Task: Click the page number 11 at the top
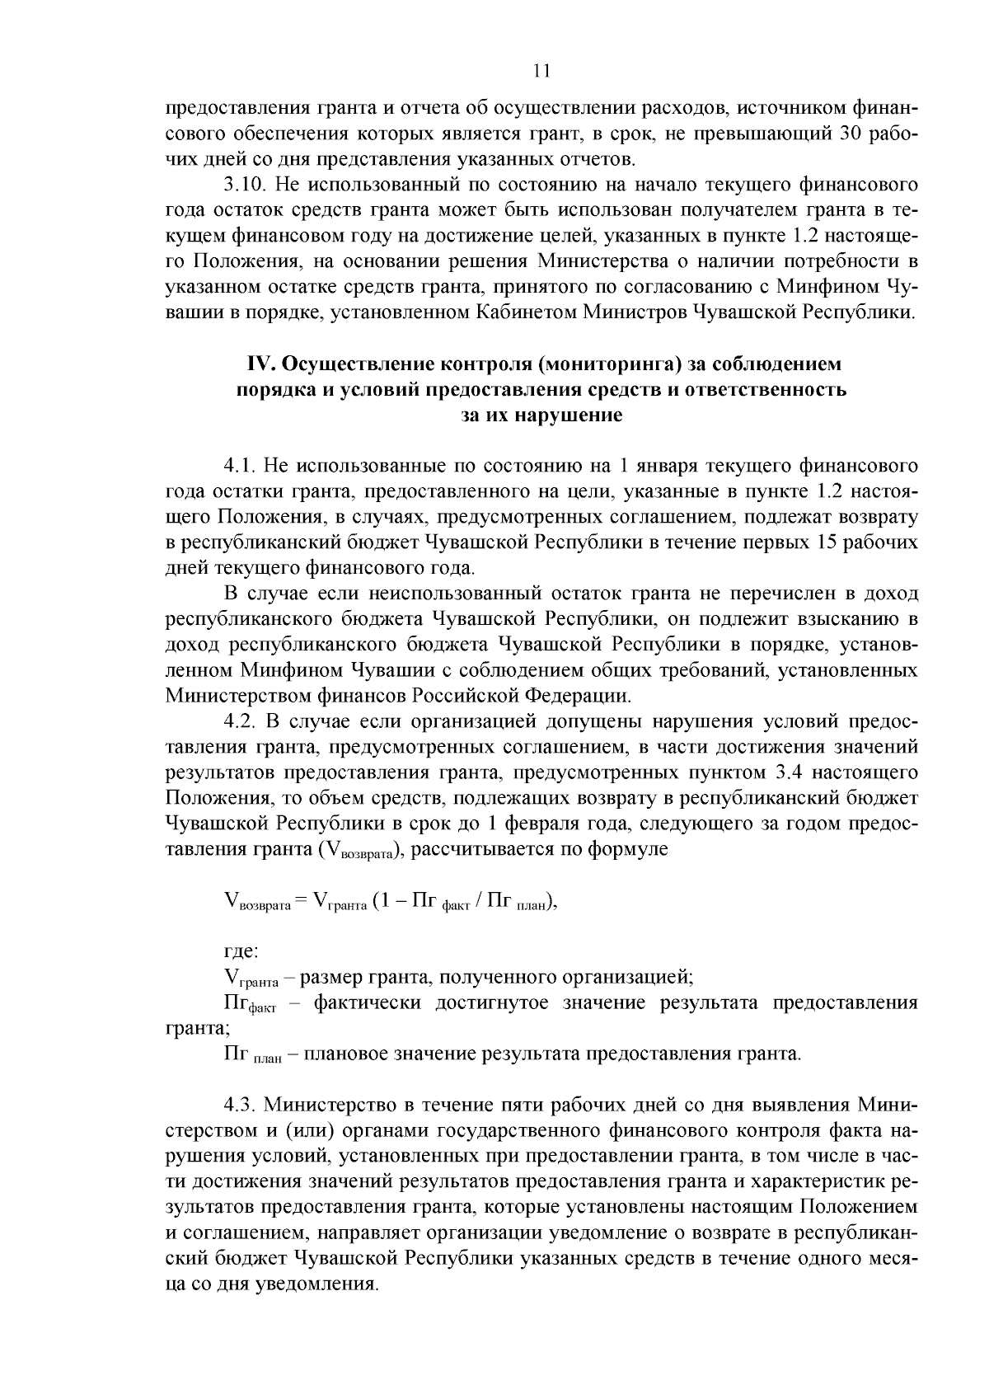pyautogui.click(x=541, y=72)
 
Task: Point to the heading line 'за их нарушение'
pyautogui.click(x=541, y=415)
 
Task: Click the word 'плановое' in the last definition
pyautogui.click(x=347, y=1054)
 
